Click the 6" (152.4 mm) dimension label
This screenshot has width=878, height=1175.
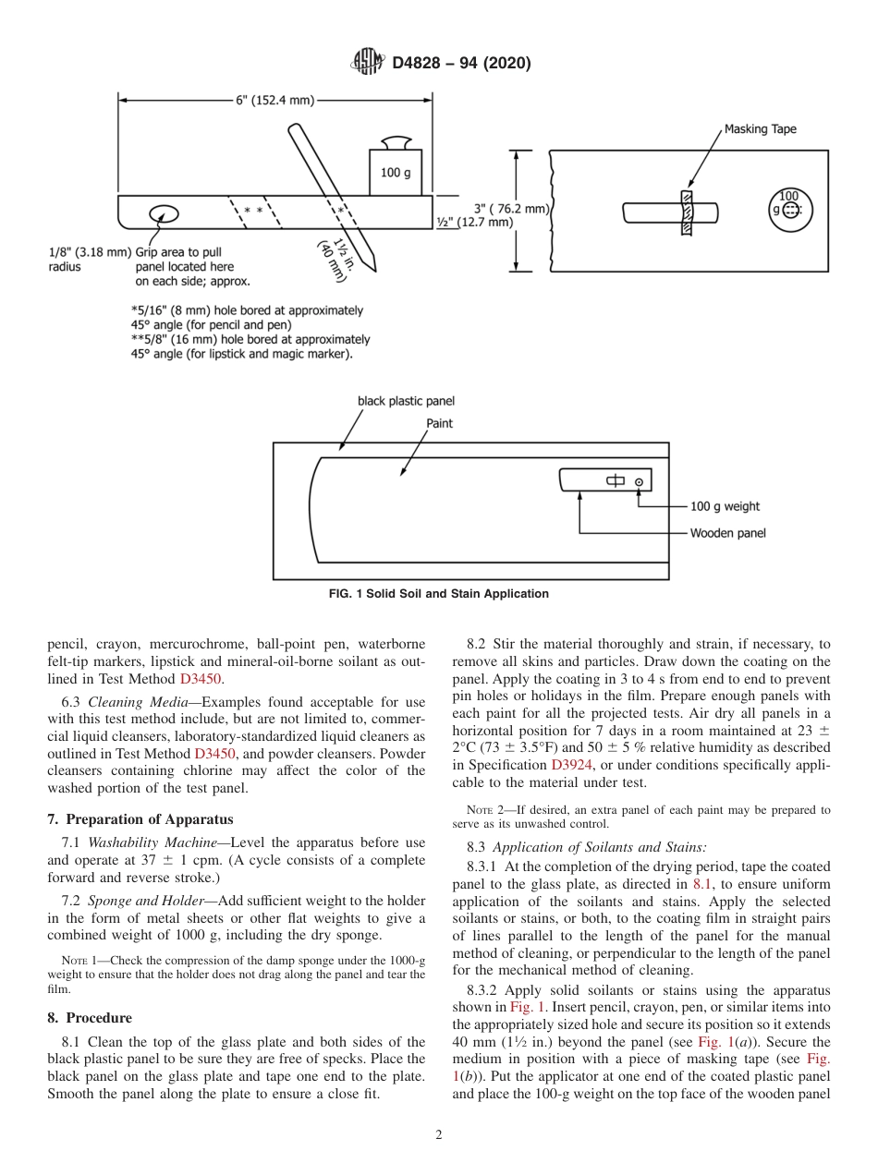pos(275,100)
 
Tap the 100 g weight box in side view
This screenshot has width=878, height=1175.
pos(396,172)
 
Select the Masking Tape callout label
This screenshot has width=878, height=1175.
pos(760,129)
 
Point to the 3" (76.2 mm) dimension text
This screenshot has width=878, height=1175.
pos(511,209)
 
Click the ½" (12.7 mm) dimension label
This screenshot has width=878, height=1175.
pos(474,222)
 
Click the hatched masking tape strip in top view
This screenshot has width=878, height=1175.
pos(686,212)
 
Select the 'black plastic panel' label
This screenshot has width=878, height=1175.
pos(406,401)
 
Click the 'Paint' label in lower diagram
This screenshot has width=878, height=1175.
pos(440,424)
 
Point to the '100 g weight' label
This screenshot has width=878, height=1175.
pos(725,506)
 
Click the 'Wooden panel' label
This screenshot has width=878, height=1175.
pos(727,533)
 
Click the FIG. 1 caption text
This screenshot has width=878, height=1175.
pos(439,594)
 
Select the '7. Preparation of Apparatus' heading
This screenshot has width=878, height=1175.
pos(140,819)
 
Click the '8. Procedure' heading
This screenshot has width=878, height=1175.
pos(90,1018)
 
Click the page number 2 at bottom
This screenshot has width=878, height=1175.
pos(439,1135)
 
